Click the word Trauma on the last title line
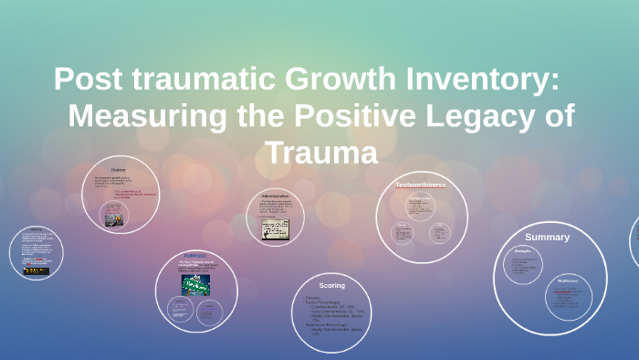click(x=321, y=153)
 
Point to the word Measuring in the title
click(x=134, y=116)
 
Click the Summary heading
click(x=547, y=237)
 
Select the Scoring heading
click(x=332, y=285)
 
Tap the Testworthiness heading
click(x=421, y=185)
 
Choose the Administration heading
click(x=275, y=196)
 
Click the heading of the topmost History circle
click(x=119, y=170)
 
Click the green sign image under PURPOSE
click(x=195, y=283)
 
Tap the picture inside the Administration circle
click(x=276, y=228)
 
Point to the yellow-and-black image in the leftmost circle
click(x=37, y=270)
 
